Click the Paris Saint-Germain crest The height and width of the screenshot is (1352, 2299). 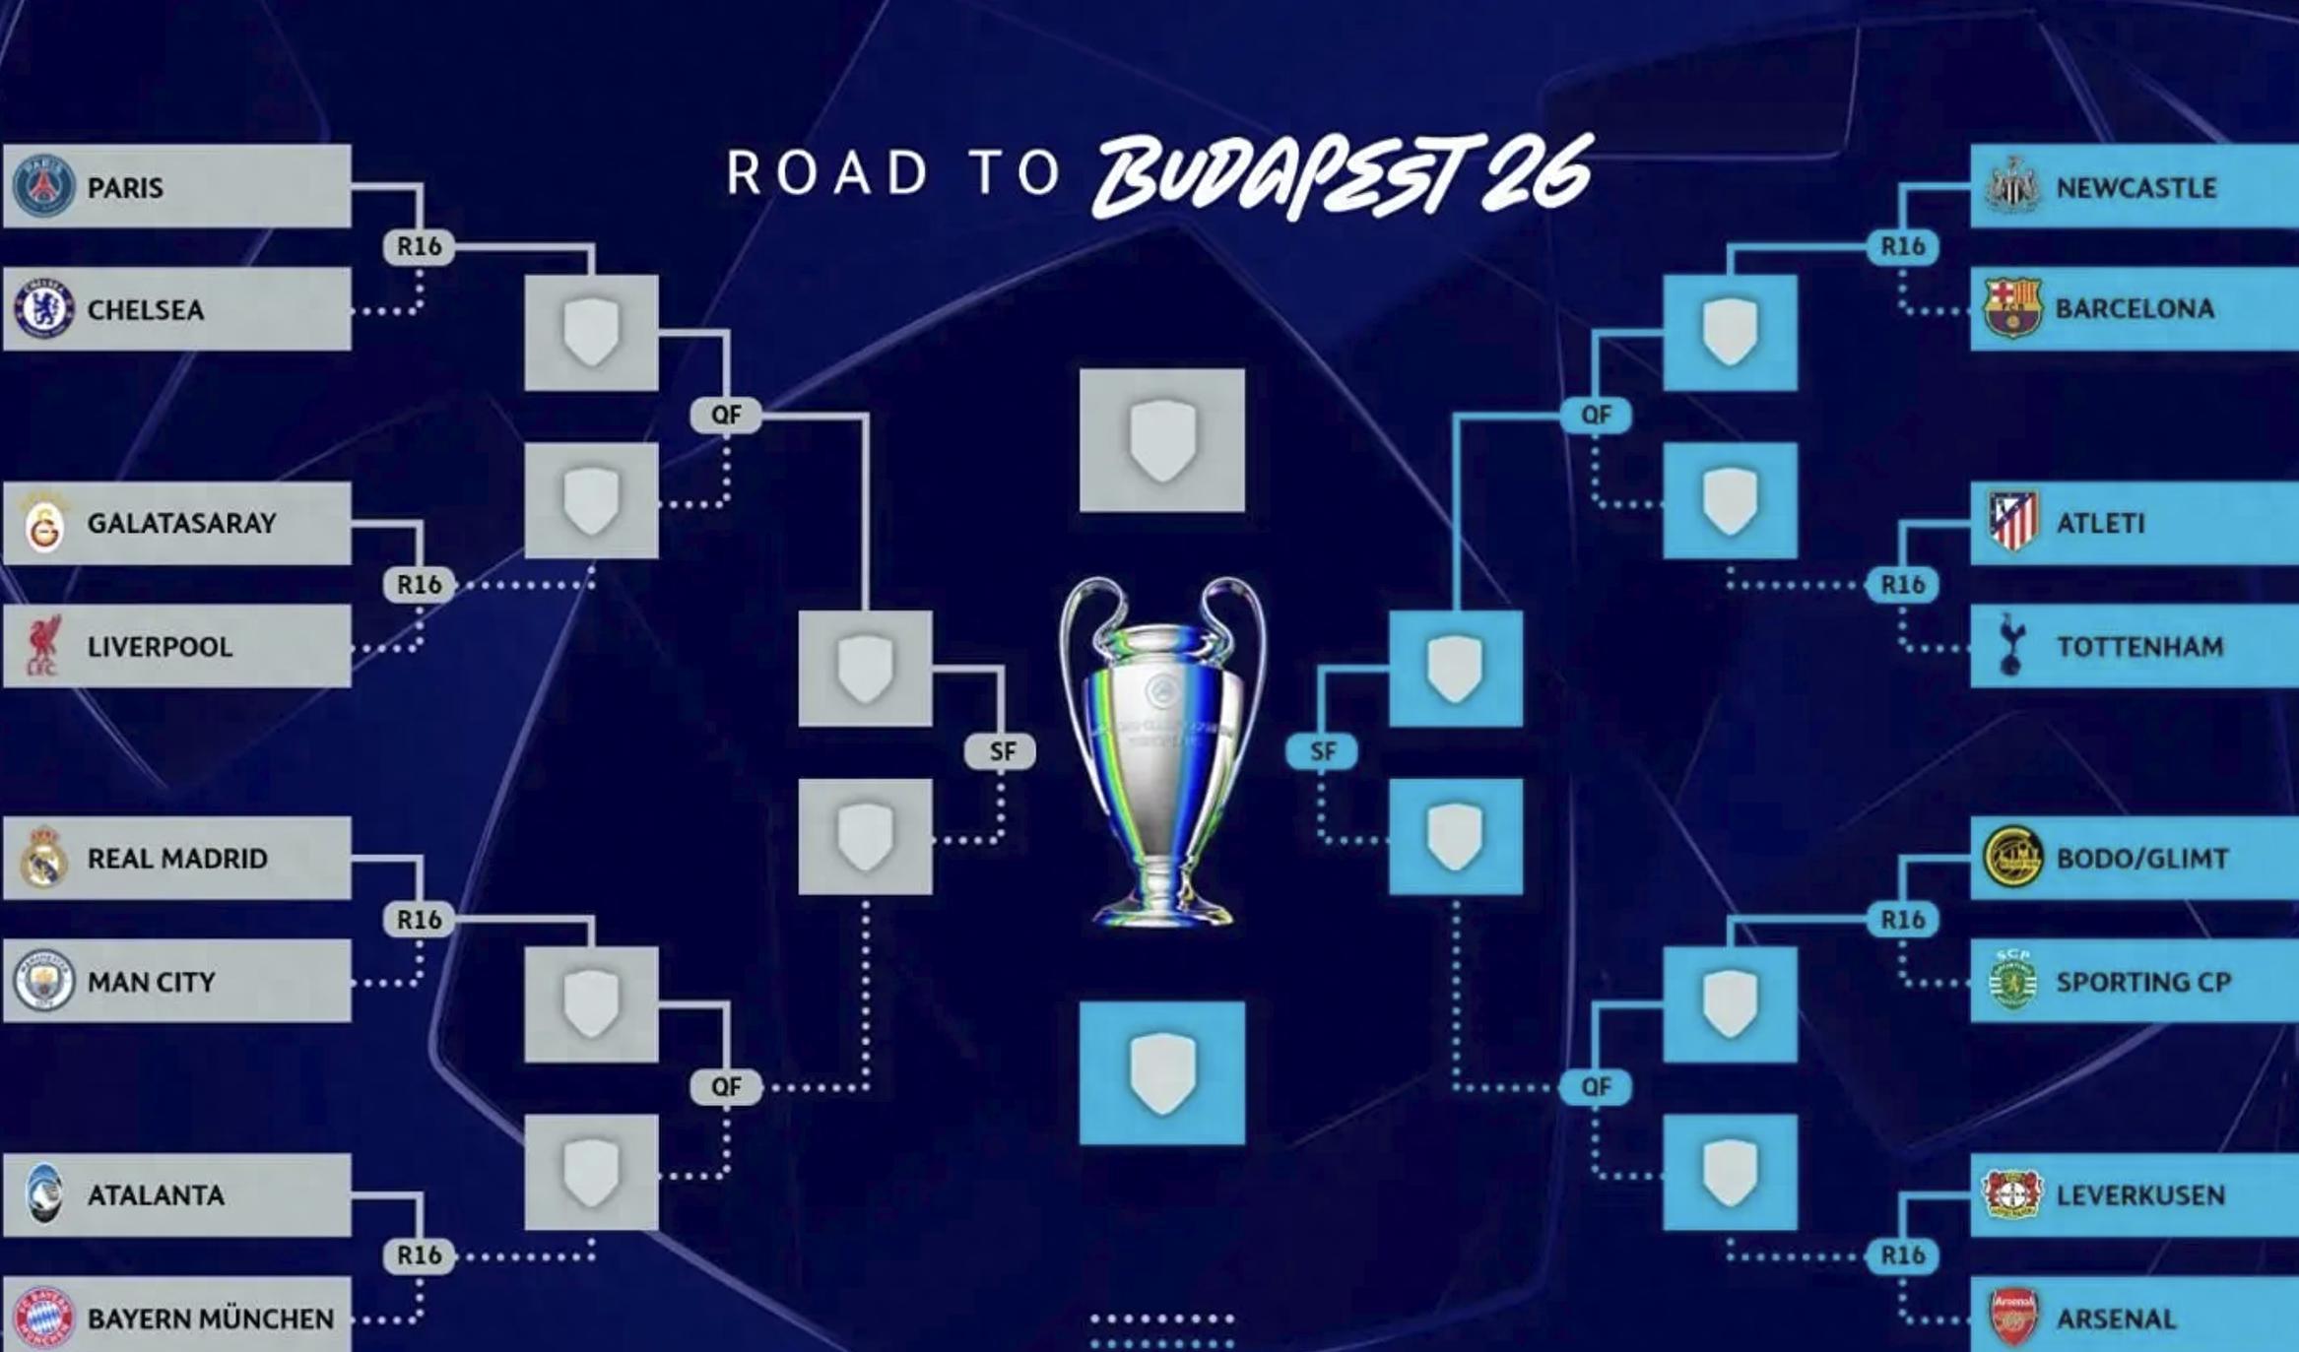pyautogui.click(x=43, y=186)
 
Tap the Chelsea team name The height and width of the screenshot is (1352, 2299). pyautogui.click(x=146, y=309)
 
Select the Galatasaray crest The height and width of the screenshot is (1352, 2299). pyautogui.click(x=43, y=524)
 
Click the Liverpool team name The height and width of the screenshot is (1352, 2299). pyautogui.click(x=160, y=646)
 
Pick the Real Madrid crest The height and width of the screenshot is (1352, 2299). pyautogui.click(x=43, y=858)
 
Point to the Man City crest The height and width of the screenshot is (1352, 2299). pyautogui.click(x=43, y=981)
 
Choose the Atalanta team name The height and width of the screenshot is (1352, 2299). pyautogui.click(x=156, y=1194)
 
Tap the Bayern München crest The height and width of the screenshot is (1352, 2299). pyautogui.click(x=43, y=1317)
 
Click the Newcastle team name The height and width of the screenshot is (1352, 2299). pyautogui.click(x=2135, y=187)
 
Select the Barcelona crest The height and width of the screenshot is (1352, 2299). pyautogui.click(x=2011, y=308)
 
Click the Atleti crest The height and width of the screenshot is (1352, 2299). pyautogui.click(x=2011, y=522)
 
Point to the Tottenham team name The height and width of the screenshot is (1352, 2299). pyautogui.click(x=2139, y=646)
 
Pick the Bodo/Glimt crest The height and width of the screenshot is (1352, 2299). pyautogui.click(x=2011, y=857)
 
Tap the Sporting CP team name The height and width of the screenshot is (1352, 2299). pyautogui.click(x=2142, y=982)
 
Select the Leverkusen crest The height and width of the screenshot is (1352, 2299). pyautogui.click(x=2011, y=1193)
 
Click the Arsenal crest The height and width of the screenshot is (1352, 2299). pyautogui.click(x=2011, y=1317)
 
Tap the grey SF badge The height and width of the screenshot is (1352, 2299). pyautogui.click(x=1001, y=751)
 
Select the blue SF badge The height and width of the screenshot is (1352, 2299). pyautogui.click(x=1322, y=751)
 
